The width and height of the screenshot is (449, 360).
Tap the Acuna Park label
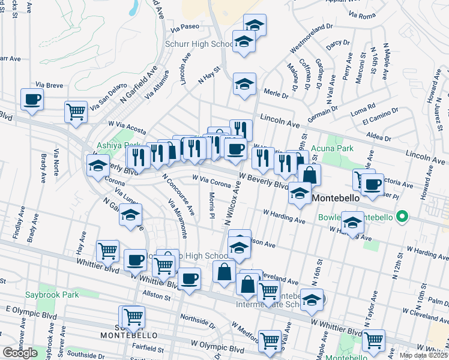click(348, 148)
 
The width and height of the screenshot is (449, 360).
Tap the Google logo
click(20, 353)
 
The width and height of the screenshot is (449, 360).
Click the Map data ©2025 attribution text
click(423, 355)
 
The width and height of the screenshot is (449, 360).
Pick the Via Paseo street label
click(184, 27)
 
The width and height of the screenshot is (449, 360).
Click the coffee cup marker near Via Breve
click(32, 99)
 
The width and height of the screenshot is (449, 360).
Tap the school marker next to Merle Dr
click(244, 84)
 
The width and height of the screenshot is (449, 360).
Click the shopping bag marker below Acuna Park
click(309, 175)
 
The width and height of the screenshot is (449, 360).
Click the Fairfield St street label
click(148, 349)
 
